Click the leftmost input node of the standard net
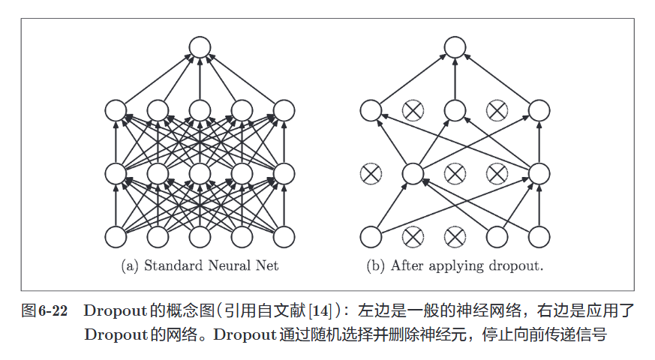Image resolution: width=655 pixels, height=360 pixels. [x=116, y=237]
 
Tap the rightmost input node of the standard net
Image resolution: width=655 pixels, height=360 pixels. [x=284, y=237]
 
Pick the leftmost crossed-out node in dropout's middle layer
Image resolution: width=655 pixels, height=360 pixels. [x=371, y=174]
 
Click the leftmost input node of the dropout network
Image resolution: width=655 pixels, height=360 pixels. [x=371, y=237]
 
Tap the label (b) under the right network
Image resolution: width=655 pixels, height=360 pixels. [x=375, y=265]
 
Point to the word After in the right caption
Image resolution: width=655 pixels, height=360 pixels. [x=406, y=265]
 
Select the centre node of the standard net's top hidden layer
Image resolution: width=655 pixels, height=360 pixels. [x=200, y=111]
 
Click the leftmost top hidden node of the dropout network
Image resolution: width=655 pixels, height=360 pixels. [x=371, y=111]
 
